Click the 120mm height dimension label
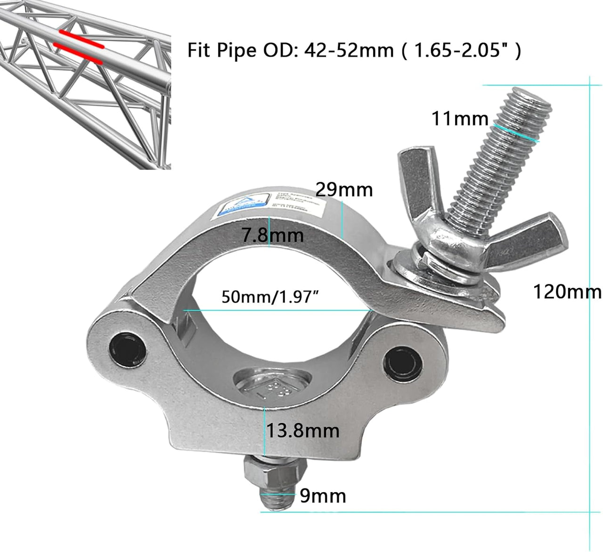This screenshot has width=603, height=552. tap(566, 292)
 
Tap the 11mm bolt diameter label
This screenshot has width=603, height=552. tap(460, 119)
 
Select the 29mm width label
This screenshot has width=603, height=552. tap(344, 190)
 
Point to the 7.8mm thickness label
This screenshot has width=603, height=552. tap(273, 235)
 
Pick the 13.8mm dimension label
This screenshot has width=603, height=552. tap(302, 430)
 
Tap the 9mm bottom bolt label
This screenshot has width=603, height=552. tap(323, 496)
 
